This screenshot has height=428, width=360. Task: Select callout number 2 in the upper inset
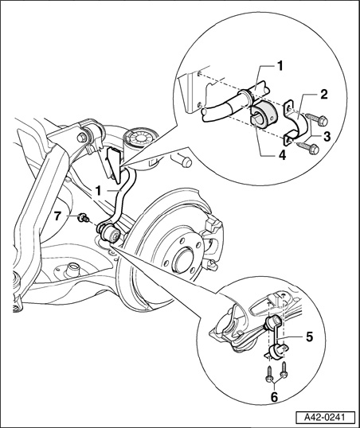(x=323, y=95)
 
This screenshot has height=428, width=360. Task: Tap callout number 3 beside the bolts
(x=327, y=136)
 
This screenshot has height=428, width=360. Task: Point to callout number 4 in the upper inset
(x=283, y=155)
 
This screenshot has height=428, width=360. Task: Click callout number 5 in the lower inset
(x=309, y=337)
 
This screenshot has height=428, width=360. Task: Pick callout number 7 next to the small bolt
(x=57, y=216)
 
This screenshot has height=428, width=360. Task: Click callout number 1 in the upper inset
(x=280, y=66)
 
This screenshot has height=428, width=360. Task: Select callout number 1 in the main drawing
(x=98, y=191)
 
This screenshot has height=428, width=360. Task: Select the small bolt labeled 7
(x=83, y=218)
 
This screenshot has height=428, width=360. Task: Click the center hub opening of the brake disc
(x=184, y=258)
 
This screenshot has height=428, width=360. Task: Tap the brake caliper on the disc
(x=213, y=238)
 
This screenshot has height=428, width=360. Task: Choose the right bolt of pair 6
(x=284, y=370)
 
